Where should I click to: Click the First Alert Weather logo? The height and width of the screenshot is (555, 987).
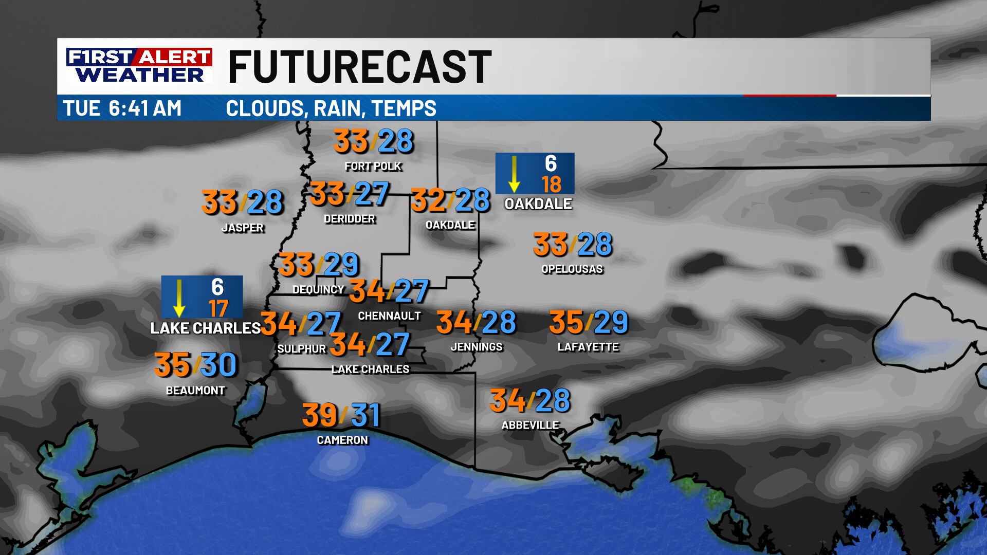tap(139, 65)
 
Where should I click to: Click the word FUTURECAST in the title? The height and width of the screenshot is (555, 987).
tap(359, 67)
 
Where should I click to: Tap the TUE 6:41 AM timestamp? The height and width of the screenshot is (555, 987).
tap(122, 108)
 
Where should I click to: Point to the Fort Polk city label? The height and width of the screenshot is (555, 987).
tap(373, 166)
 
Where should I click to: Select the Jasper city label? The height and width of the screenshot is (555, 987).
tap(242, 228)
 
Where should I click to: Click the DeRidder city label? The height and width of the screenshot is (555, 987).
tap(350, 219)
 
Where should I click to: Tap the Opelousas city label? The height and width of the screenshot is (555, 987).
tap(572, 269)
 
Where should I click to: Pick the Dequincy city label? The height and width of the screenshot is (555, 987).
tap(318, 289)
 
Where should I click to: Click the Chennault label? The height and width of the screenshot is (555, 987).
tap(389, 316)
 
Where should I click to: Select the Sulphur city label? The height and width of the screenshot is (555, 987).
tap(302, 349)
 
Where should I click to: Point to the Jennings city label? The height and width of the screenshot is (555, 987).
tap(477, 347)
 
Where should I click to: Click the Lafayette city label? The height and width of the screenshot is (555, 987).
tap(588, 347)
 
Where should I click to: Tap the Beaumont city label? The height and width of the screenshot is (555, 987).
tap(195, 391)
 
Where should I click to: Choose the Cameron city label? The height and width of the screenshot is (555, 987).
tap(342, 440)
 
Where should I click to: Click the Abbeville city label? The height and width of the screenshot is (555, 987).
tap(530, 425)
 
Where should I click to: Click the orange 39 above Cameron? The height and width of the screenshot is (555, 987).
tap(320, 415)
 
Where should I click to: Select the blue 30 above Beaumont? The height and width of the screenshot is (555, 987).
tap(218, 365)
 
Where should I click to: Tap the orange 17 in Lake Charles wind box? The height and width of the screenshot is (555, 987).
tap(218, 308)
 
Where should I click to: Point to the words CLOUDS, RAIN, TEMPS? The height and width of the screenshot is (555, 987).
tap(331, 108)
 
